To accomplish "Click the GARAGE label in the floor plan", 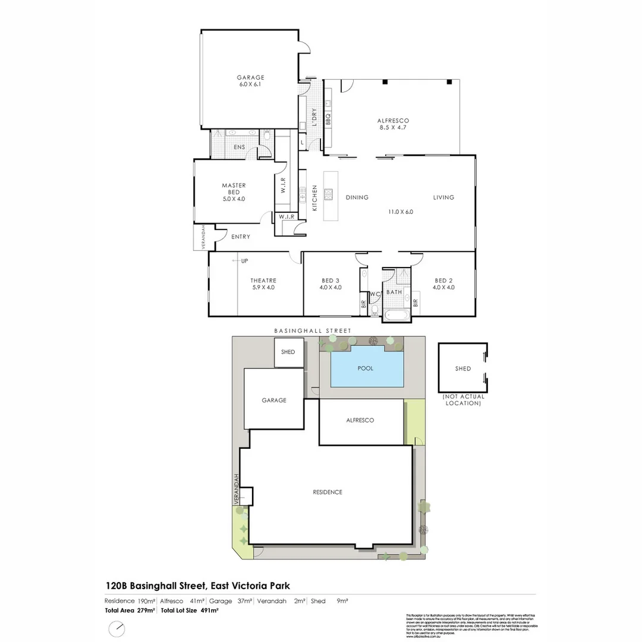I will click(x=250, y=77).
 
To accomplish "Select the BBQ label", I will click(x=328, y=119).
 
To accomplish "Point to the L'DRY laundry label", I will click(x=314, y=115).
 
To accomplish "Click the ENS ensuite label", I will click(x=239, y=147).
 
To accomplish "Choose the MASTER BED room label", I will click(x=234, y=189).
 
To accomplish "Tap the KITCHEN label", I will click(x=314, y=198).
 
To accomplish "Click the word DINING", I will click(x=357, y=197).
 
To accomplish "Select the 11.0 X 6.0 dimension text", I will click(x=400, y=212).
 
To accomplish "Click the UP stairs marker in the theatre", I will click(x=244, y=261).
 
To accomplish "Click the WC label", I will click(x=374, y=294).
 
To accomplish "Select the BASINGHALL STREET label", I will click(x=313, y=331).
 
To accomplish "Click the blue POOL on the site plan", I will click(x=366, y=369).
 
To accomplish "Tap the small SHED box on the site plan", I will click(x=288, y=352).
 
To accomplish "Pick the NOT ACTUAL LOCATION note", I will click(x=463, y=400).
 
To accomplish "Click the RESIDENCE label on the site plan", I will click(x=328, y=492).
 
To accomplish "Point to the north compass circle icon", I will click(x=118, y=628).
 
